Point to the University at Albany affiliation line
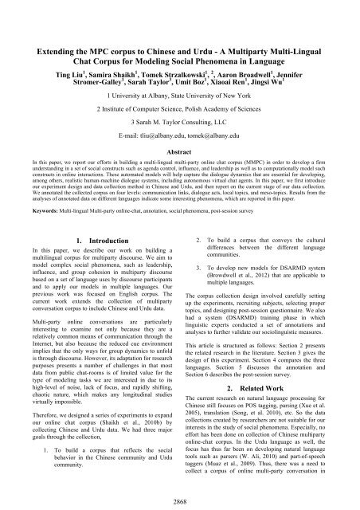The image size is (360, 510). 180,91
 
